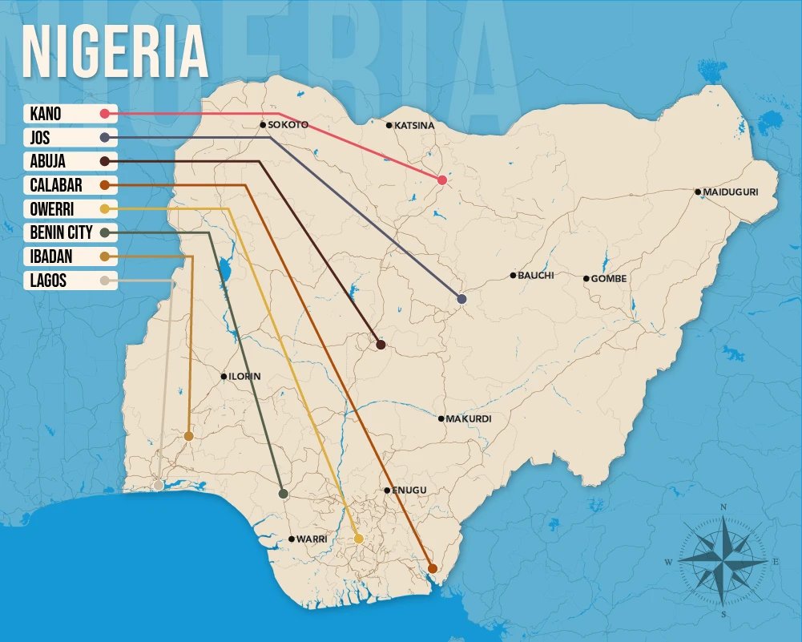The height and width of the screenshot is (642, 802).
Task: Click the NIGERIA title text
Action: pyautogui.click(x=115, y=53)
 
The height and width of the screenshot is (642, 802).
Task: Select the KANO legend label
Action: pyautogui.click(x=46, y=114)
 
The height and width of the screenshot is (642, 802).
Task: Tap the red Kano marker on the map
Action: pyautogui.click(x=442, y=180)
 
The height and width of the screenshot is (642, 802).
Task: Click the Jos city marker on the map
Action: pyautogui.click(x=462, y=299)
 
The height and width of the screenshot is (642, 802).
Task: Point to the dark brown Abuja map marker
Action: pyautogui.click(x=381, y=345)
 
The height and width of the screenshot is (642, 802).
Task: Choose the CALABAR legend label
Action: pyautogui.click(x=56, y=185)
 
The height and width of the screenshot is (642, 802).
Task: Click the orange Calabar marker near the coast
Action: pyautogui.click(x=433, y=568)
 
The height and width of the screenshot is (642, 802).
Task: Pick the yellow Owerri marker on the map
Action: pyautogui.click(x=359, y=539)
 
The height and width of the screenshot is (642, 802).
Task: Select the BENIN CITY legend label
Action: pyautogui.click(x=62, y=232)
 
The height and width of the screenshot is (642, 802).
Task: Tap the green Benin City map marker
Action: pyautogui.click(x=283, y=494)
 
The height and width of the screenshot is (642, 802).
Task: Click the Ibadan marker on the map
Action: pyautogui.click(x=188, y=436)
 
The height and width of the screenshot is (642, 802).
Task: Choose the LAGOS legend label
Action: pyautogui.click(x=48, y=281)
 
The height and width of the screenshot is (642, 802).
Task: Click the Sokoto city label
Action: pyautogui.click(x=288, y=125)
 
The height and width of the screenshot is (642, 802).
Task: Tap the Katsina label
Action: pyautogui.click(x=414, y=126)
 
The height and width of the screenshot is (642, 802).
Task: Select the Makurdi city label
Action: pyautogui.click(x=469, y=419)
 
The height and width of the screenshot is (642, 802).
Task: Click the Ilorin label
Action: pyautogui.click(x=245, y=377)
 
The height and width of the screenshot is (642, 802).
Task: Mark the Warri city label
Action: pyautogui.click(x=312, y=539)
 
